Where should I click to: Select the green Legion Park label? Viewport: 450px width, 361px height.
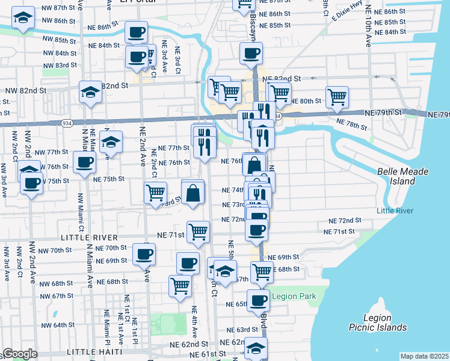coord(294,296)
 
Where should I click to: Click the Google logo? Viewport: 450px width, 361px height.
coord(19,354)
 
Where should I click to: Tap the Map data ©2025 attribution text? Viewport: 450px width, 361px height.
coord(424,356)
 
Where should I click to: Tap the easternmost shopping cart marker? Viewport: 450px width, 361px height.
coord(337,96)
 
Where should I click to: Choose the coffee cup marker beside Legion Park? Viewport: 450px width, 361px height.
coord(259,300)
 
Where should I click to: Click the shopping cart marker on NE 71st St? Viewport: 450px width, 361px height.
coord(198,230)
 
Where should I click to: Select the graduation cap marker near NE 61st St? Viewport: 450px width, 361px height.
coord(256,348)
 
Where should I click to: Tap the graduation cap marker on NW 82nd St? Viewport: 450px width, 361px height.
coord(90,92)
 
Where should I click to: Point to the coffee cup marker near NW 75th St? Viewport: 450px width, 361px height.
coord(31,183)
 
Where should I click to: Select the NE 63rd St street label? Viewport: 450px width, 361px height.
coord(242,330)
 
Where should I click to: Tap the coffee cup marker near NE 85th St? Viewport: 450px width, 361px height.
coord(136,32)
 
